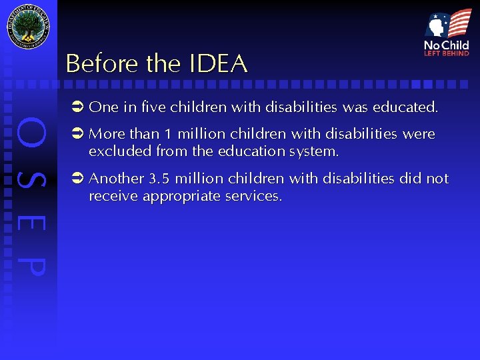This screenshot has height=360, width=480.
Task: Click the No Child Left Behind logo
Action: point(447,33)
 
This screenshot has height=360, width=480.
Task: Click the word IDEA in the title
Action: point(219,64)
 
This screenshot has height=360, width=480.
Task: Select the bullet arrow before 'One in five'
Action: point(77,107)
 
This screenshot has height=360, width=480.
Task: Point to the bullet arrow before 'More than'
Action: point(77,134)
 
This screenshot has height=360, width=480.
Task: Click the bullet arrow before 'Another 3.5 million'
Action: point(77,179)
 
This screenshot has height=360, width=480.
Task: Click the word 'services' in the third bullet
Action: point(255,197)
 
